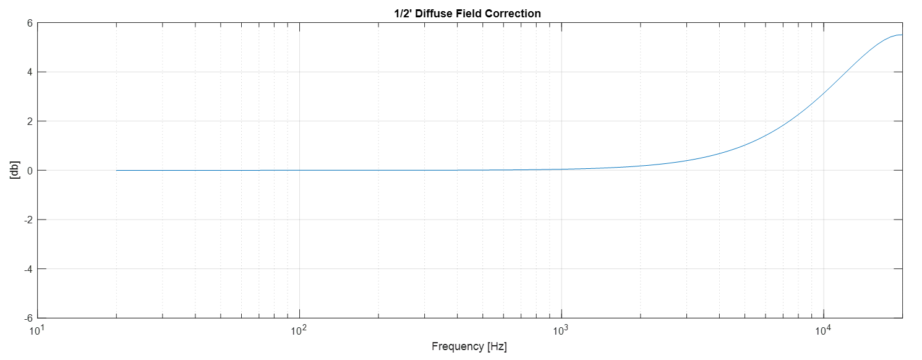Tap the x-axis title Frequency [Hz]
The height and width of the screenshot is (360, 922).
[x=469, y=346]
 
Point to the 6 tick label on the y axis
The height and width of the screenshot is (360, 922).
[x=28, y=23]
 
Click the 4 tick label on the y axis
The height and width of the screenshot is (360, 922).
[x=28, y=72]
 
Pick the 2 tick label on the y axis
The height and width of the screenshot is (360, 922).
[x=28, y=121]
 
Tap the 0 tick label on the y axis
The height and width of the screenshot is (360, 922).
[x=28, y=170]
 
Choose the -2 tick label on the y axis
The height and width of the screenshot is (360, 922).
[x=27, y=220]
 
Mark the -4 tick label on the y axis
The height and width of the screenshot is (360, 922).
[x=27, y=268]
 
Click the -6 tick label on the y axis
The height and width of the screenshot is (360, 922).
[x=27, y=318]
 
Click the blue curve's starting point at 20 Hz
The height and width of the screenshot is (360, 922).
[x=117, y=170]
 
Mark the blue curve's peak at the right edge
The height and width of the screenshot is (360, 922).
[x=901, y=35]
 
